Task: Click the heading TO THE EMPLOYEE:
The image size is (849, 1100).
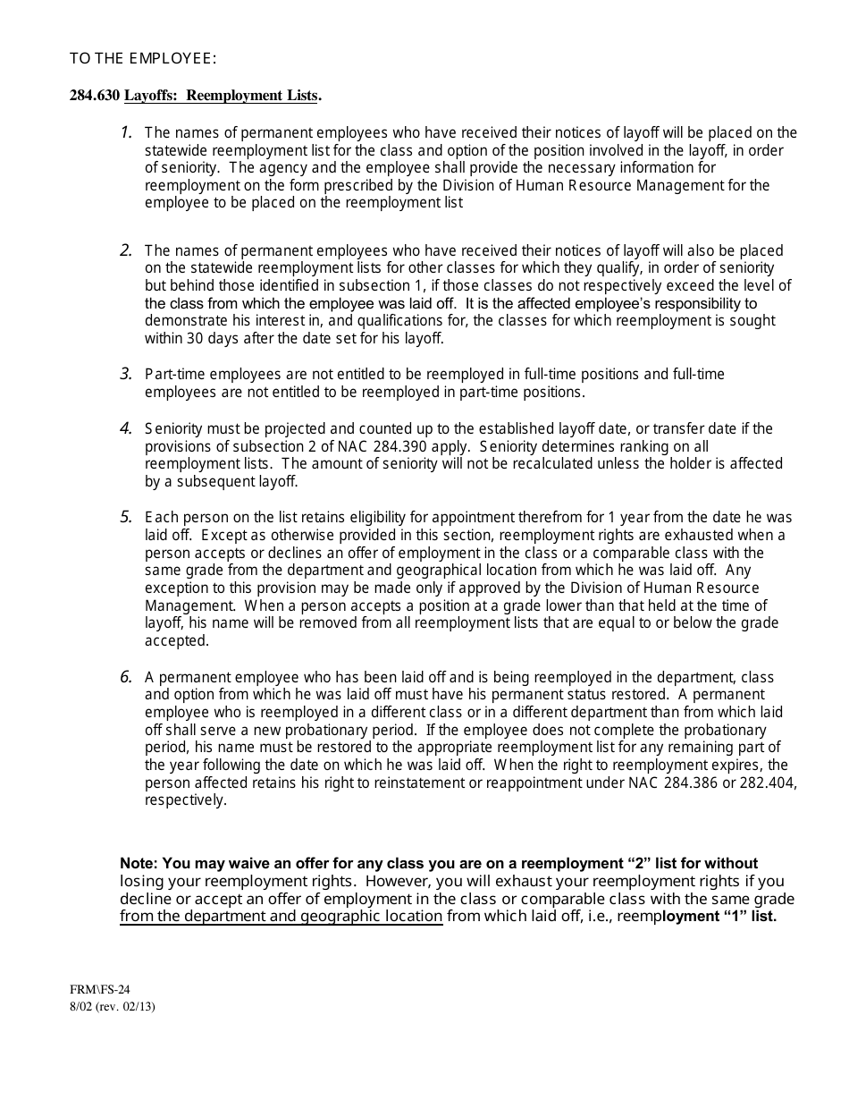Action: pos(143,59)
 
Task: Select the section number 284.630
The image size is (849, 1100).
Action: pos(95,96)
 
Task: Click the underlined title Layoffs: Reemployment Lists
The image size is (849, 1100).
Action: pos(221,96)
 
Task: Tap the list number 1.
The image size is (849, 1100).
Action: pos(126,132)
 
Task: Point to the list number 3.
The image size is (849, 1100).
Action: pos(126,374)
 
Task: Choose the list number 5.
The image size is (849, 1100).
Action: pos(126,517)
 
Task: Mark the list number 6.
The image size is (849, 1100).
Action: pos(126,677)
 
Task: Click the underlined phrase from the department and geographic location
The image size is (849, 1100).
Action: pos(281,917)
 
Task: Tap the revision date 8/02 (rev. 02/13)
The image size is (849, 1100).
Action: pos(106,1006)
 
